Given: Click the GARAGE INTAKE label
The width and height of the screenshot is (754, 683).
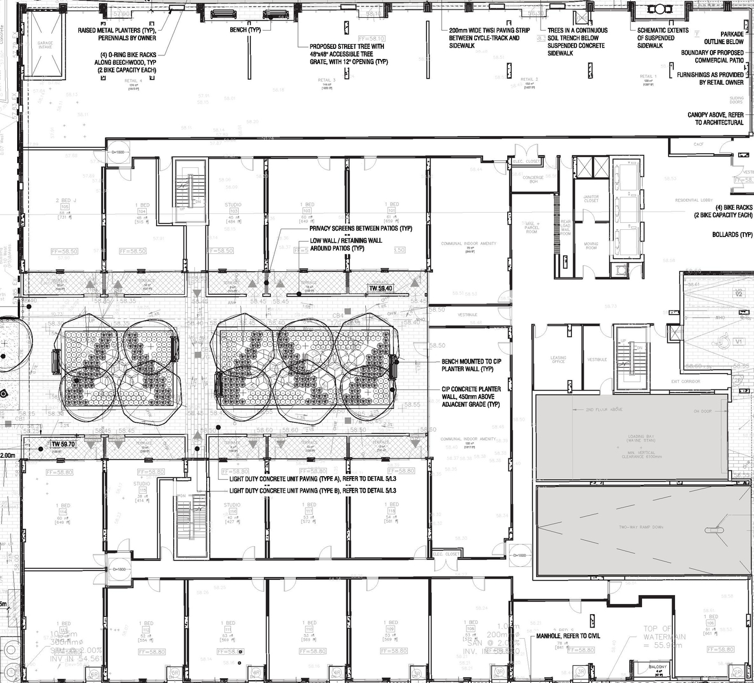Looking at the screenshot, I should [x=45, y=45].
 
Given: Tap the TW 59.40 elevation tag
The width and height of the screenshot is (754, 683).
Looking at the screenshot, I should [x=381, y=288].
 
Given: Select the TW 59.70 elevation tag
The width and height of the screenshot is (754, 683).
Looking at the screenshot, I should [x=64, y=444].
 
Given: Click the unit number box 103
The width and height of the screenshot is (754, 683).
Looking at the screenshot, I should [x=234, y=211].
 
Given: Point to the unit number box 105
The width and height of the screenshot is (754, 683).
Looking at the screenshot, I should [x=64, y=207].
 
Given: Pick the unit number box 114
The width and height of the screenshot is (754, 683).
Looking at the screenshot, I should [x=63, y=512].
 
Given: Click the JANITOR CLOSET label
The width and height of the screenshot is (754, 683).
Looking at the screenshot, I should [x=591, y=199].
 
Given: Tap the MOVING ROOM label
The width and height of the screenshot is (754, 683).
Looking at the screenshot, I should [x=591, y=246].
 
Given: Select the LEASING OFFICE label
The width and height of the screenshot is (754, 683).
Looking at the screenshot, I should [x=558, y=359].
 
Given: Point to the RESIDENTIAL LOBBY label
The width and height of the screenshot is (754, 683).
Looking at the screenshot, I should [x=695, y=200].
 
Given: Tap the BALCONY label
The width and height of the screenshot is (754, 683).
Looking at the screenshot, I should [x=658, y=667].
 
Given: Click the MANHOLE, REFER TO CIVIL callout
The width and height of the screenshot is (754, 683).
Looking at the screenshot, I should [x=568, y=636].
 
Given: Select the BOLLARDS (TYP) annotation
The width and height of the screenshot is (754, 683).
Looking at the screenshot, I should [x=732, y=235].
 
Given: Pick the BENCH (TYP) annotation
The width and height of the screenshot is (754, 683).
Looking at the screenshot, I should [x=245, y=30].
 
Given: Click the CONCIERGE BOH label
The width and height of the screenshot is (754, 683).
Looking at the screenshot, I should [x=533, y=179].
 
